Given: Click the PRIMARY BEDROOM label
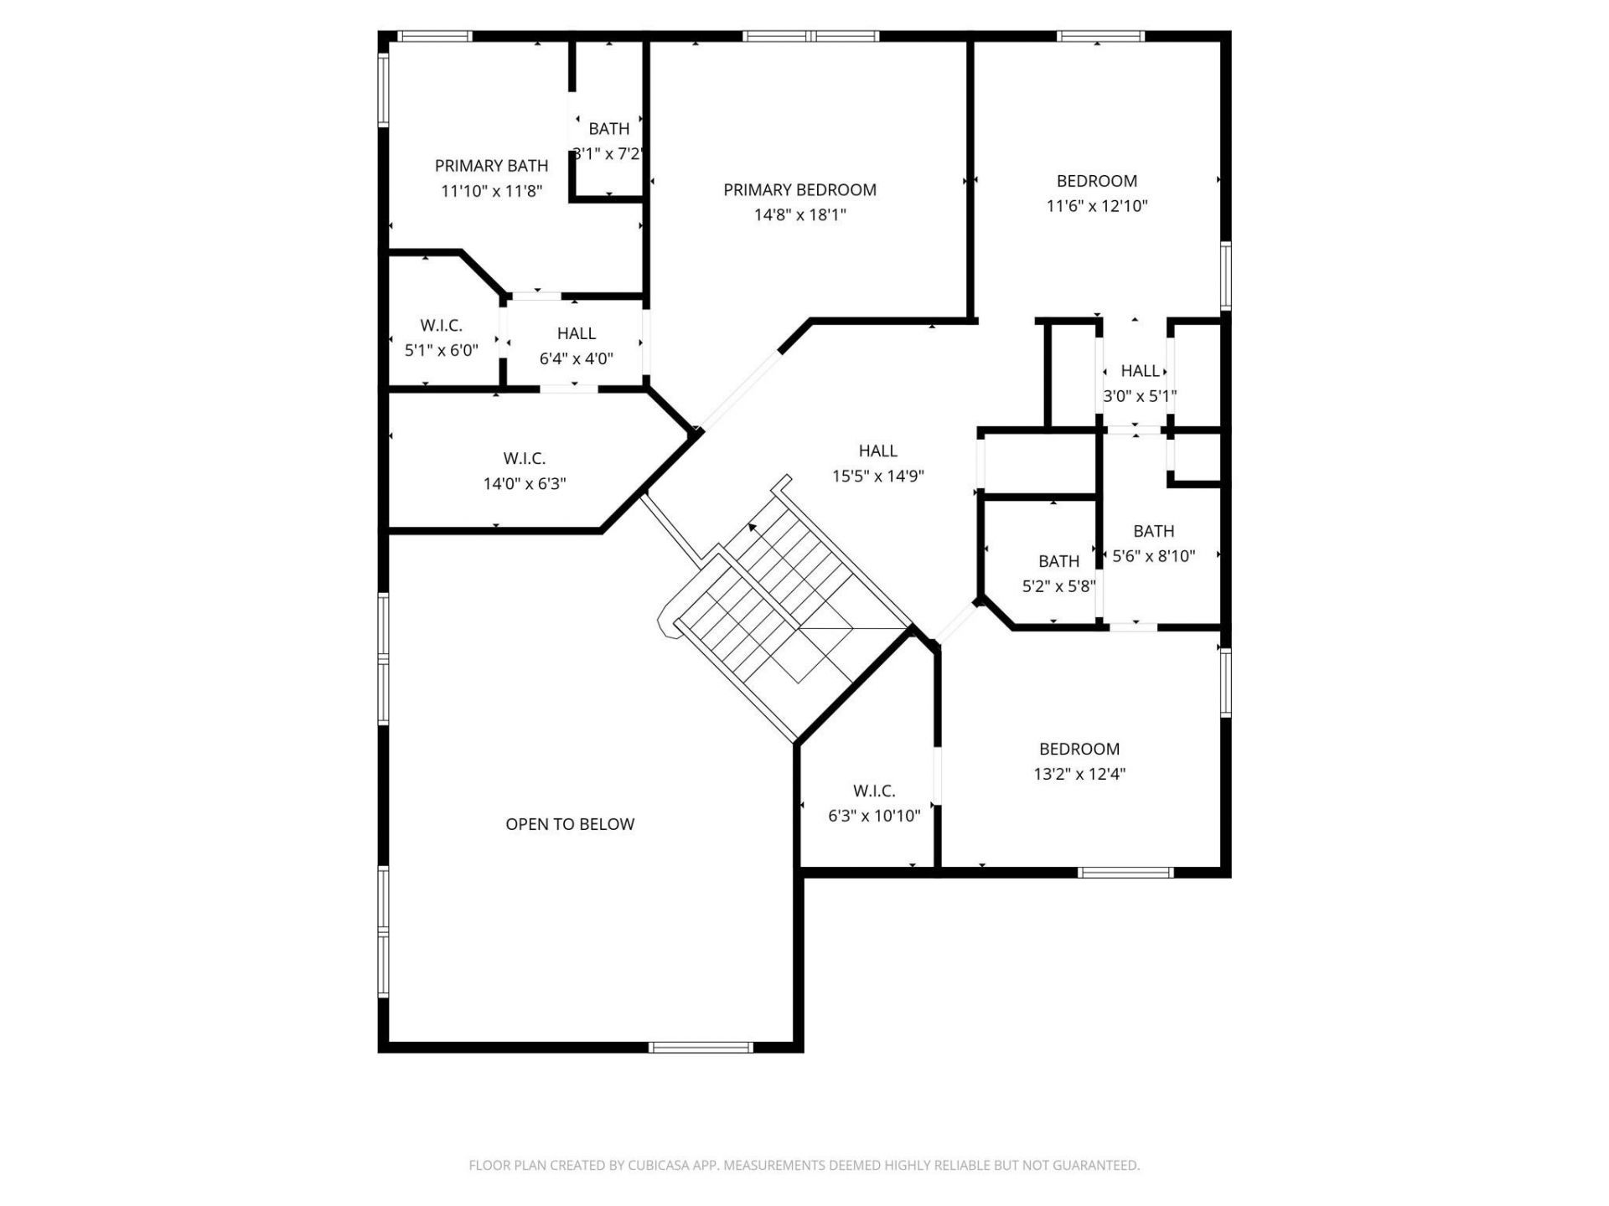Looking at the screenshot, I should click(799, 190).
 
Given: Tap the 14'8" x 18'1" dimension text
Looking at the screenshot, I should click(799, 215).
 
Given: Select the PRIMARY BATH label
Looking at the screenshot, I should click(491, 166).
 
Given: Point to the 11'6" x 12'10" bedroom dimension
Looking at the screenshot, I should click(1096, 206).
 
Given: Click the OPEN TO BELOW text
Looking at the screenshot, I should click(570, 824).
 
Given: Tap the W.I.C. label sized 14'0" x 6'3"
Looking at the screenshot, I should click(525, 459).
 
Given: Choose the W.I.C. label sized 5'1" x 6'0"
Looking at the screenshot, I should click(441, 325).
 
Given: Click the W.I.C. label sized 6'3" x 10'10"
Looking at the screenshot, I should click(874, 791).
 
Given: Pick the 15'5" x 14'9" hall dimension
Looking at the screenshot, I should click(877, 477).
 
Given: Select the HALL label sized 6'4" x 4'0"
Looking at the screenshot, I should click(576, 333).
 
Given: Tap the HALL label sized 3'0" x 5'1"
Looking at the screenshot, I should click(1140, 371).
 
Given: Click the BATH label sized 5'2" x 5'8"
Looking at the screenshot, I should click(1058, 561).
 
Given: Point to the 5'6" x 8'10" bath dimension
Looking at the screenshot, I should click(1153, 556).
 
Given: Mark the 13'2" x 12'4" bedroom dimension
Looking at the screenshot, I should click(1079, 775).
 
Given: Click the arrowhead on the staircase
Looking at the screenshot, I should click(753, 528).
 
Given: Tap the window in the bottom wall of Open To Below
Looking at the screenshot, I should click(701, 1047).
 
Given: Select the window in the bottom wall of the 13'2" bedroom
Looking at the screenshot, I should click(1125, 873).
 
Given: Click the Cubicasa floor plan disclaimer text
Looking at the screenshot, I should click(804, 1165).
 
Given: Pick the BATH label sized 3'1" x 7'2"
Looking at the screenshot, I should click(608, 129).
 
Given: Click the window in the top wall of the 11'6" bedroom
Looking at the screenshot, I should click(1100, 36).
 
